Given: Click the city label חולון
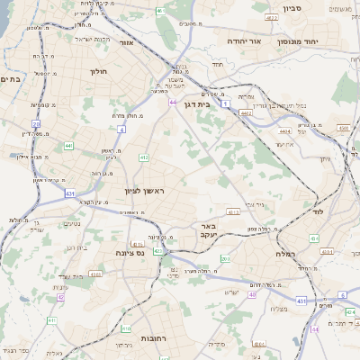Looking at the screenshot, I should pyautogui.click(x=99, y=70).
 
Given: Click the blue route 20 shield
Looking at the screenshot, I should pyautogui.click(x=36, y=124).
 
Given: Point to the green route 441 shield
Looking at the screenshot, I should pyautogui.click(x=69, y=144).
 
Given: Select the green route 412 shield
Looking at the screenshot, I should pyautogui.click(x=143, y=157).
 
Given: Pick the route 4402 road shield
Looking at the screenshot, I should pyautogui.click(x=247, y=113).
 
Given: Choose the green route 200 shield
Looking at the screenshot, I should pyautogui.click(x=224, y=259).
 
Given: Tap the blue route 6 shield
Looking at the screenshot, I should pyautogui.click(x=342, y=294).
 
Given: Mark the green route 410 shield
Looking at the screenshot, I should pyautogui.click(x=126, y=329).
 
